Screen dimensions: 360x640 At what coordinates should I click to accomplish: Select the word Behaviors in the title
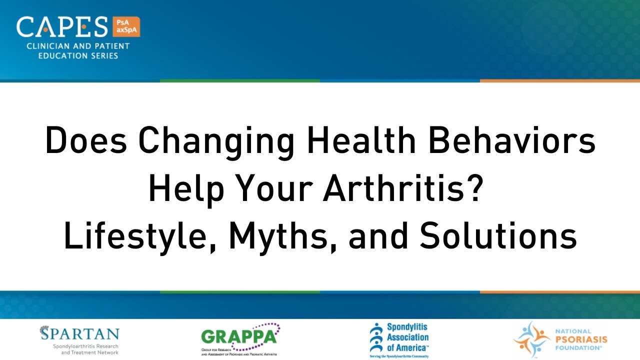pos(516,141)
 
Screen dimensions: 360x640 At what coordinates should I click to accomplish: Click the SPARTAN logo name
pos(80,334)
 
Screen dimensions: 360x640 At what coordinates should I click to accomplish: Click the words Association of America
pos(407,342)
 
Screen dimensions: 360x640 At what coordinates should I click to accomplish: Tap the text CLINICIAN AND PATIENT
pos(72,46)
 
